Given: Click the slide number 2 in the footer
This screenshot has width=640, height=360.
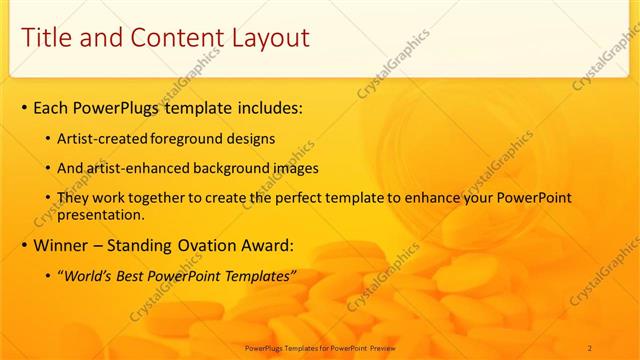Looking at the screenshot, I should tap(590, 347).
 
